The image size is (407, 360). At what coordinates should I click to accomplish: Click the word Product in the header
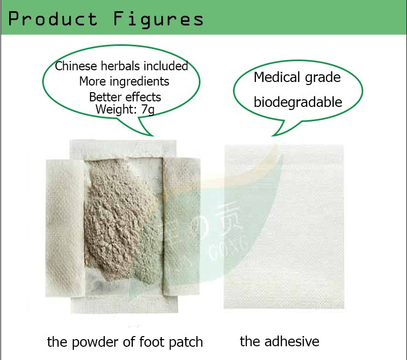(52, 19)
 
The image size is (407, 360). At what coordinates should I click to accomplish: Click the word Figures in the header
(158, 19)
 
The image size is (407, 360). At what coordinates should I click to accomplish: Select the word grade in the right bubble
(323, 78)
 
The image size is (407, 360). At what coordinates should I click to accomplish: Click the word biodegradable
(298, 102)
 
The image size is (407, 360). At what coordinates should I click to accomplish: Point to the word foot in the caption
(146, 342)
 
